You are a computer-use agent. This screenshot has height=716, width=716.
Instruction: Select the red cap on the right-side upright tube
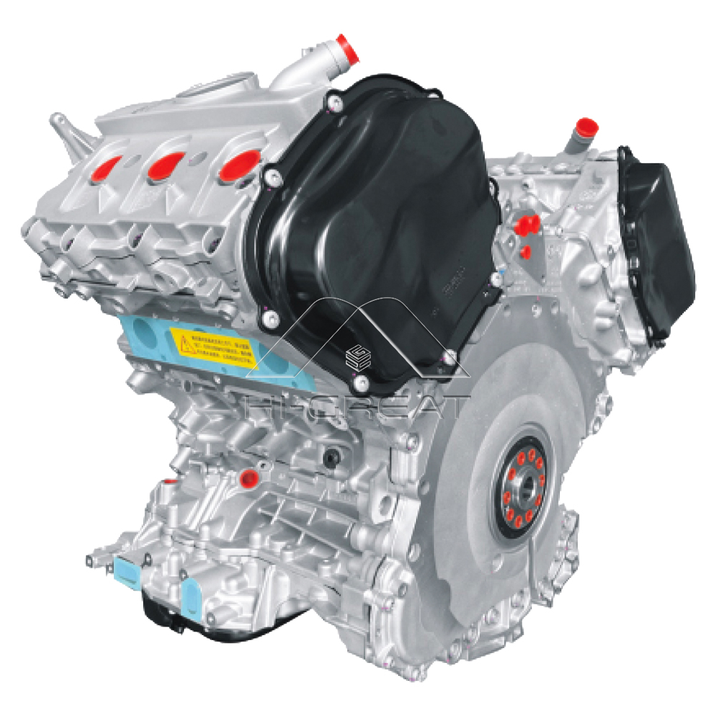click(586, 127)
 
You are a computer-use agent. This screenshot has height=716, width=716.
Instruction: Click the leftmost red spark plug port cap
click(106, 166)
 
